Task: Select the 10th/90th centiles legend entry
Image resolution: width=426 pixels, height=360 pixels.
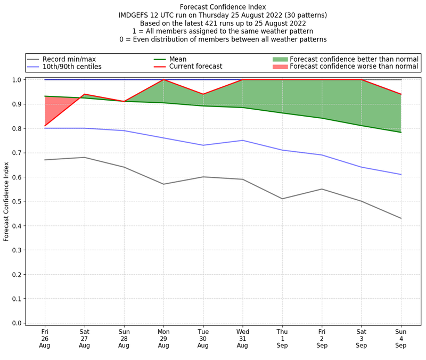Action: pyautogui.click(x=72, y=67)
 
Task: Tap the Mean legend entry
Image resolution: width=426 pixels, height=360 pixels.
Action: pyautogui.click(x=178, y=59)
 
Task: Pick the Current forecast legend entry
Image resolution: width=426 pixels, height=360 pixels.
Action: pyautogui.click(x=195, y=67)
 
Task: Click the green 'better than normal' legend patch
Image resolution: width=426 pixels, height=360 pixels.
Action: pyautogui.click(x=280, y=59)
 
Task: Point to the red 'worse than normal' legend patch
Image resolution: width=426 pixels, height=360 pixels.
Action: pyautogui.click(x=280, y=67)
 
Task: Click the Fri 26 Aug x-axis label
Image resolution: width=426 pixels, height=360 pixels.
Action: pyautogui.click(x=45, y=338)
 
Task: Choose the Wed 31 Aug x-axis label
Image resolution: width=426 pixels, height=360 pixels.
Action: pyautogui.click(x=243, y=338)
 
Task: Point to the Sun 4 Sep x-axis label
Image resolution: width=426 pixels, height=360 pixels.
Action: pyautogui.click(x=401, y=338)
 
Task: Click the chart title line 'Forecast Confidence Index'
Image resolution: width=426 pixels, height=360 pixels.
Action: pyautogui.click(x=223, y=7)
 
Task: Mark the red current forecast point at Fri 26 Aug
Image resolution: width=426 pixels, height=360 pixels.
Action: pyautogui.click(x=45, y=126)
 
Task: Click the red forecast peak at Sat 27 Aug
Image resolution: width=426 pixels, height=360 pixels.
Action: pyautogui.click(x=84, y=94)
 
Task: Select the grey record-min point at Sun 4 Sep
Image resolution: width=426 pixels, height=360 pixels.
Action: pyautogui.click(x=401, y=218)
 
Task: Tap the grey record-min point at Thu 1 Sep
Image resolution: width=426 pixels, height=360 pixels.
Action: pyautogui.click(x=282, y=199)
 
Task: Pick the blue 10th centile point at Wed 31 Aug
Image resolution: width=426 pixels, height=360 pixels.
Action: pyautogui.click(x=243, y=141)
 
